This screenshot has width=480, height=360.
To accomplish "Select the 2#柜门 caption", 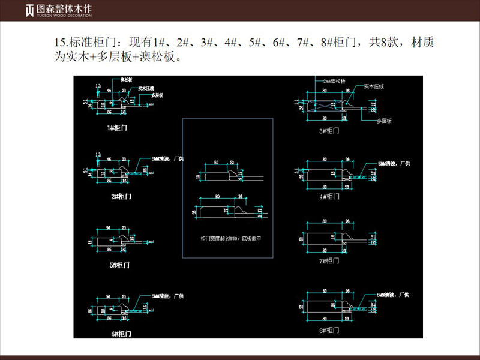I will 120,196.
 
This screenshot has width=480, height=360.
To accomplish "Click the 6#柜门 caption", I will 120,332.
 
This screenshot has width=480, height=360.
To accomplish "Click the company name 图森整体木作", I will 59,9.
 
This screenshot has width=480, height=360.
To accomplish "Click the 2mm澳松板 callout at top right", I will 335,80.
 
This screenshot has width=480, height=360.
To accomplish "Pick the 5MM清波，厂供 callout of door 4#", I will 393,164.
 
